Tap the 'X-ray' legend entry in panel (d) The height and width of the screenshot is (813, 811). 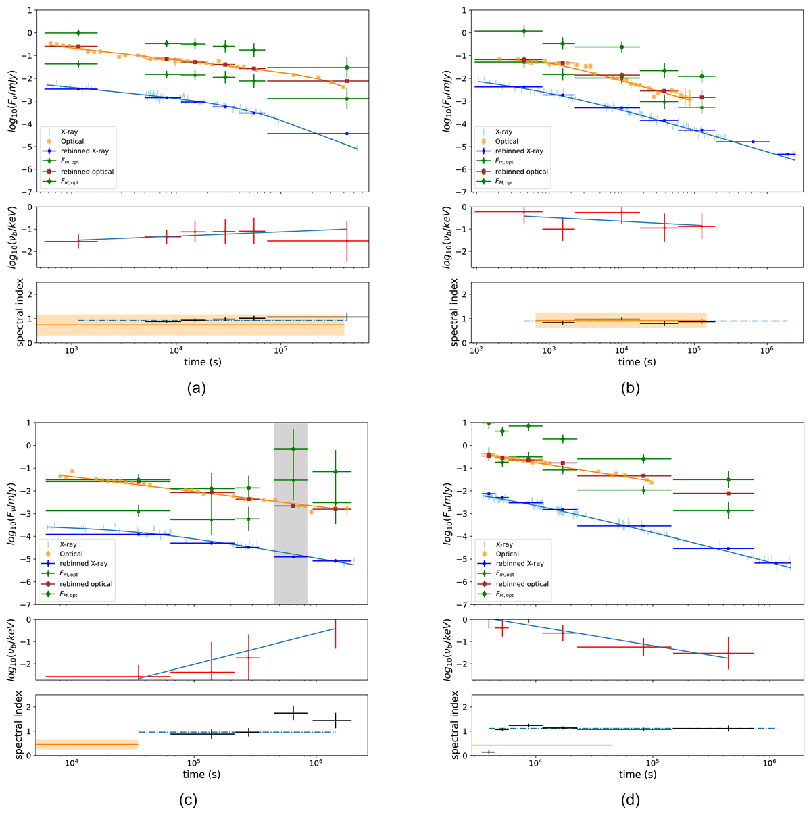[x=501, y=544]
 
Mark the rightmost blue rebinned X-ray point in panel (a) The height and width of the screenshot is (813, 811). [x=347, y=134]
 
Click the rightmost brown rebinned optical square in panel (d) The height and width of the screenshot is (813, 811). [x=728, y=494]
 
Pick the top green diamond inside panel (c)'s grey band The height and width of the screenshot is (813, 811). [x=293, y=449]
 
